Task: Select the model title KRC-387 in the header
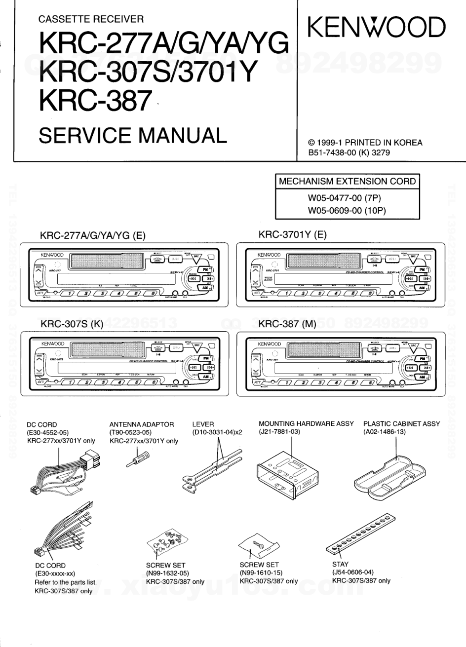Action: (x=94, y=102)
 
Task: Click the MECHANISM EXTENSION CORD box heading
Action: (x=348, y=181)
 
